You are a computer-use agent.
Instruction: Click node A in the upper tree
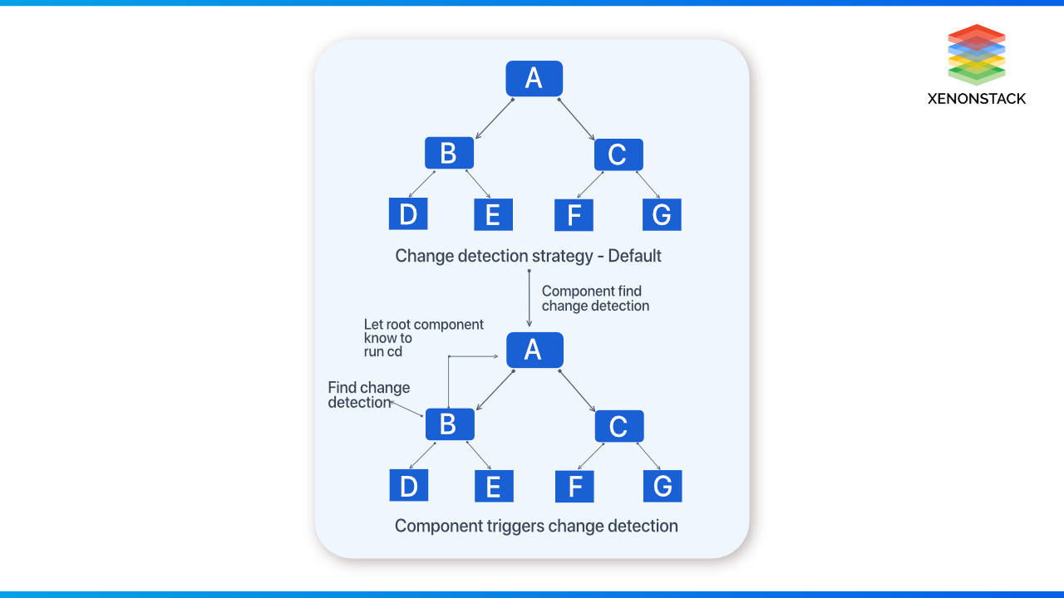(x=534, y=78)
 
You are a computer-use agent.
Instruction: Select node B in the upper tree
(x=449, y=154)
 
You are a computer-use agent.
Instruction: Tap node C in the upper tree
(x=618, y=154)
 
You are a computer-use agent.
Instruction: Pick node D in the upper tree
(x=408, y=214)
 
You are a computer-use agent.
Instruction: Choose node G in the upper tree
(x=662, y=214)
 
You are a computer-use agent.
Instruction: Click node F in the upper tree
(x=574, y=215)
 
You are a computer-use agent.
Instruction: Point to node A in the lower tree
(x=534, y=350)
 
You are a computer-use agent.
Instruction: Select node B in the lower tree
(x=449, y=424)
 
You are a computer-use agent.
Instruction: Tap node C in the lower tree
(x=618, y=426)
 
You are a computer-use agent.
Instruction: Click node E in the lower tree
(x=494, y=486)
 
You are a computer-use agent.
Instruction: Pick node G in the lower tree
(x=663, y=486)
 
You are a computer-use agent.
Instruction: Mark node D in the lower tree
(x=408, y=486)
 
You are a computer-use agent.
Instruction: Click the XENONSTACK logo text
(x=976, y=99)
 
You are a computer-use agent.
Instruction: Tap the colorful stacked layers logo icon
(x=976, y=54)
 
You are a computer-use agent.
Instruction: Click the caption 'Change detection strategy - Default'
(x=528, y=256)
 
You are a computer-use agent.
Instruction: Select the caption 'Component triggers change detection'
(x=536, y=526)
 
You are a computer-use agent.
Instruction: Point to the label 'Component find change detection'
(x=594, y=298)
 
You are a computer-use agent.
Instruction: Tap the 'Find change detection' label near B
(x=368, y=395)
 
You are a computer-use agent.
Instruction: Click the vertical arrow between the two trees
(x=530, y=298)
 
